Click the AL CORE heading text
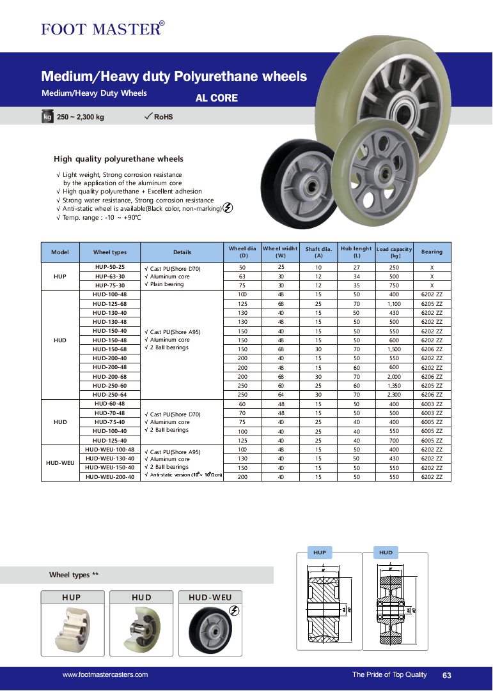(x=216, y=98)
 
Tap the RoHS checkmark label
(x=159, y=117)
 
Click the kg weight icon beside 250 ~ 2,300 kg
(x=47, y=117)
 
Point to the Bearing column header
(x=432, y=252)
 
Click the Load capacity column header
(x=394, y=252)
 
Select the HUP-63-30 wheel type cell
(x=109, y=277)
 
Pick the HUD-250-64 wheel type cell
(x=109, y=395)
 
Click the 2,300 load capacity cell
(x=394, y=395)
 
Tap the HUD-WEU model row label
(x=59, y=463)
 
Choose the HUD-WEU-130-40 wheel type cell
(x=109, y=459)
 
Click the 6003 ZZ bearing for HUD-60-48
(x=432, y=404)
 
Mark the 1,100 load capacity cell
(x=394, y=304)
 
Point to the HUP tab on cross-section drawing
(x=319, y=552)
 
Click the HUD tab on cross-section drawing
(x=386, y=552)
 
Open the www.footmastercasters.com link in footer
(x=105, y=675)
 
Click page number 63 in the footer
(x=446, y=676)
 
